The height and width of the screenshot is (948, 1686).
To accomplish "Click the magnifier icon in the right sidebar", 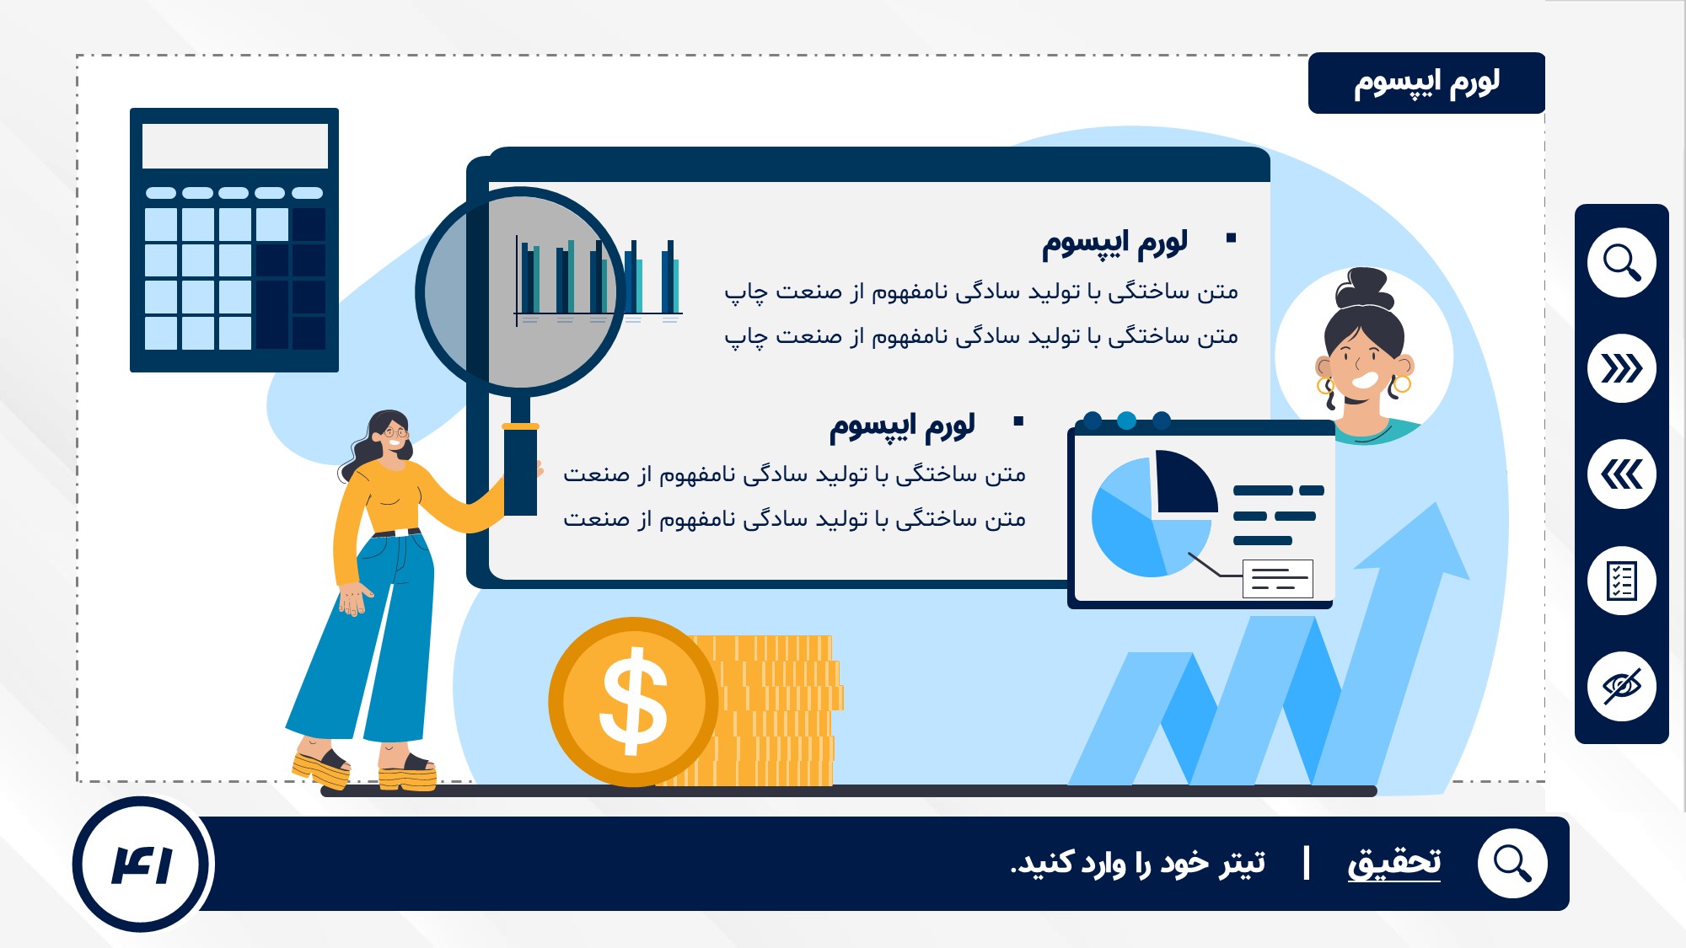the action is pos(1621,262).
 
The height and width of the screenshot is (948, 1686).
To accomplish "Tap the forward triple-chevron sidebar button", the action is pos(1621,368).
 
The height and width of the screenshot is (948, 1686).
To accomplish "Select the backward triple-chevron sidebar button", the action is pos(1621,474).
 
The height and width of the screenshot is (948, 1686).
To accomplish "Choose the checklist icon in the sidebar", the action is pos(1621,581).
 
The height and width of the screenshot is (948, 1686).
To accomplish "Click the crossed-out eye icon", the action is pos(1621,687).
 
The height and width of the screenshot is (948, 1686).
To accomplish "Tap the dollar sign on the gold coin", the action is pos(633,701).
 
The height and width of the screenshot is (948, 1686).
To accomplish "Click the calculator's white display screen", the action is pos(234,146).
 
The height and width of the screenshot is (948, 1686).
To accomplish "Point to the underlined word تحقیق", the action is pos(1394,863).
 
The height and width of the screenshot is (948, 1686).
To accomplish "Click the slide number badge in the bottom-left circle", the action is pos(142,865).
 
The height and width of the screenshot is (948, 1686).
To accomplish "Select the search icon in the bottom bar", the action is pos(1512,864).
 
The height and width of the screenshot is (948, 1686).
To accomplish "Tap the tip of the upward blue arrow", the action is pos(1436,503).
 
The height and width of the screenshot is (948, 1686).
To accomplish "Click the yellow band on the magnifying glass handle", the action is pos(520,426).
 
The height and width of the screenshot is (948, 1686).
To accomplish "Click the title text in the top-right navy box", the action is pos(1426,83).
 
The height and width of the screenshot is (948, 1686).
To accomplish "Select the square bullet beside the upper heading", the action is pos(1231,238).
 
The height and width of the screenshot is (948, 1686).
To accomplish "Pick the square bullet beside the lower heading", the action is pos(1018,421).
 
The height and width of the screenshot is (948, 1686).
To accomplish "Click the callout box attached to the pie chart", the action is pos(1278,579).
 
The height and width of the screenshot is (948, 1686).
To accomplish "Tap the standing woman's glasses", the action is pos(395,433).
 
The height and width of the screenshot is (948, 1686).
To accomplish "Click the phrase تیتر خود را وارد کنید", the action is pos(1138,864).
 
